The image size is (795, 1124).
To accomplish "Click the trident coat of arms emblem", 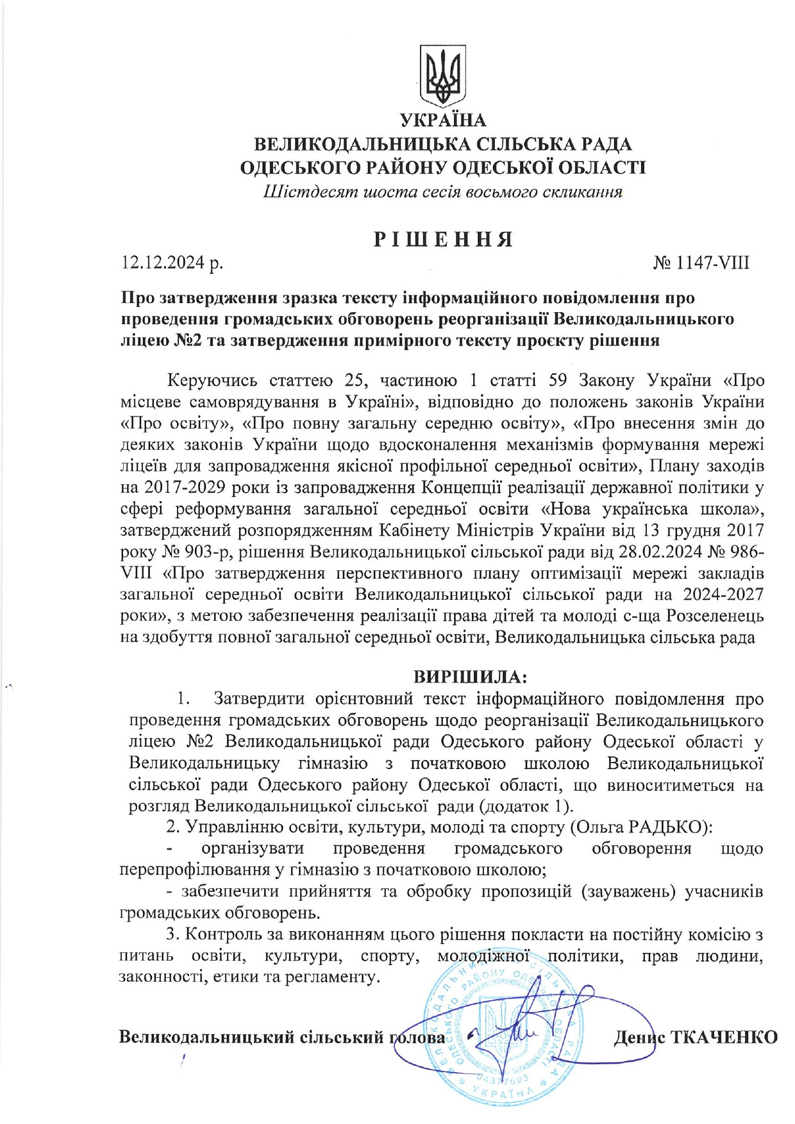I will [x=442, y=75].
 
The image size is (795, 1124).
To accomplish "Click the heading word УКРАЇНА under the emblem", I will [x=443, y=120].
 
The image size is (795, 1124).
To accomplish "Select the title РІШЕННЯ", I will [x=443, y=239].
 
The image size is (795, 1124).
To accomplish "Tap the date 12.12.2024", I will [x=163, y=263].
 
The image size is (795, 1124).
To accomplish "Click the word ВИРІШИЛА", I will [x=469, y=677].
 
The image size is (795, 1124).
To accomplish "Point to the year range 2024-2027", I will [x=723, y=595].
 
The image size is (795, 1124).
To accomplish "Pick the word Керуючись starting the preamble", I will [x=212, y=381].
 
